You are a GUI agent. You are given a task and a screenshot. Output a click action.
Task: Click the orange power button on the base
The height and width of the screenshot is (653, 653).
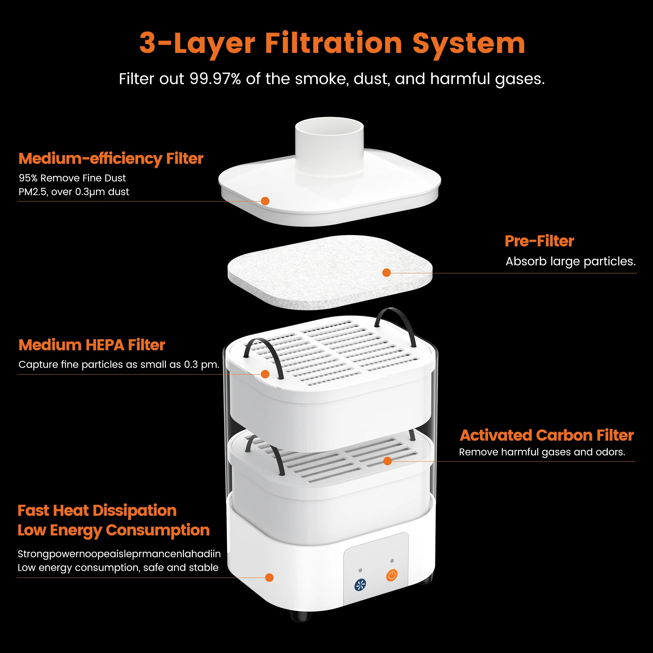click(x=392, y=575)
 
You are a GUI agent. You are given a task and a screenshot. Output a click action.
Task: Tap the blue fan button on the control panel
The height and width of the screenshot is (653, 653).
click(x=360, y=585)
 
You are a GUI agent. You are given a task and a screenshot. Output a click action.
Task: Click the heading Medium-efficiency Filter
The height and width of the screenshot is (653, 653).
click(x=111, y=159)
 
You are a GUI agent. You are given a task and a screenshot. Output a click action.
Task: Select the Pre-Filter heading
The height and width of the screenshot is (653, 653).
click(x=539, y=241)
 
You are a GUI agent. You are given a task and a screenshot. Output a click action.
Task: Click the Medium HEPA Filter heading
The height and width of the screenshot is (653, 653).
click(x=92, y=345)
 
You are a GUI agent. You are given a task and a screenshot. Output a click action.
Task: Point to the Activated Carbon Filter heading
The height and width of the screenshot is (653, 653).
click(x=547, y=435)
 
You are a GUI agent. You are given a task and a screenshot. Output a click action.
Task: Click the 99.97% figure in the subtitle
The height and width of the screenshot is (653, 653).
click(x=215, y=79)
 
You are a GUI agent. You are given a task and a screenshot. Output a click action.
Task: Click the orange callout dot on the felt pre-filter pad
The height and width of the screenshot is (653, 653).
click(x=386, y=273)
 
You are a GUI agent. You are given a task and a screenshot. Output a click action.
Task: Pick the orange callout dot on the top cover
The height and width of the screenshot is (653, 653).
click(x=265, y=201)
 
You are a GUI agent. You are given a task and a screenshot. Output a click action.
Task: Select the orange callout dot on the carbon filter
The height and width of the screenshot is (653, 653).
click(x=387, y=461)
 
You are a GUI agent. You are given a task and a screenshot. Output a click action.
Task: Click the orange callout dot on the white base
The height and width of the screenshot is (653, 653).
click(x=269, y=578)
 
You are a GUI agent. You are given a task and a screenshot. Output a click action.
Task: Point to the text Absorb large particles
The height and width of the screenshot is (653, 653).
click(x=570, y=261)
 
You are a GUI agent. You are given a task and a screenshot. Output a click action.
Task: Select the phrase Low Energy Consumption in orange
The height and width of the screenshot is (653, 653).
click(x=114, y=530)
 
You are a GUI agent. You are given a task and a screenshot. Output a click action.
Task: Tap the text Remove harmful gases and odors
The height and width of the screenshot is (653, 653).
click(x=542, y=452)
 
